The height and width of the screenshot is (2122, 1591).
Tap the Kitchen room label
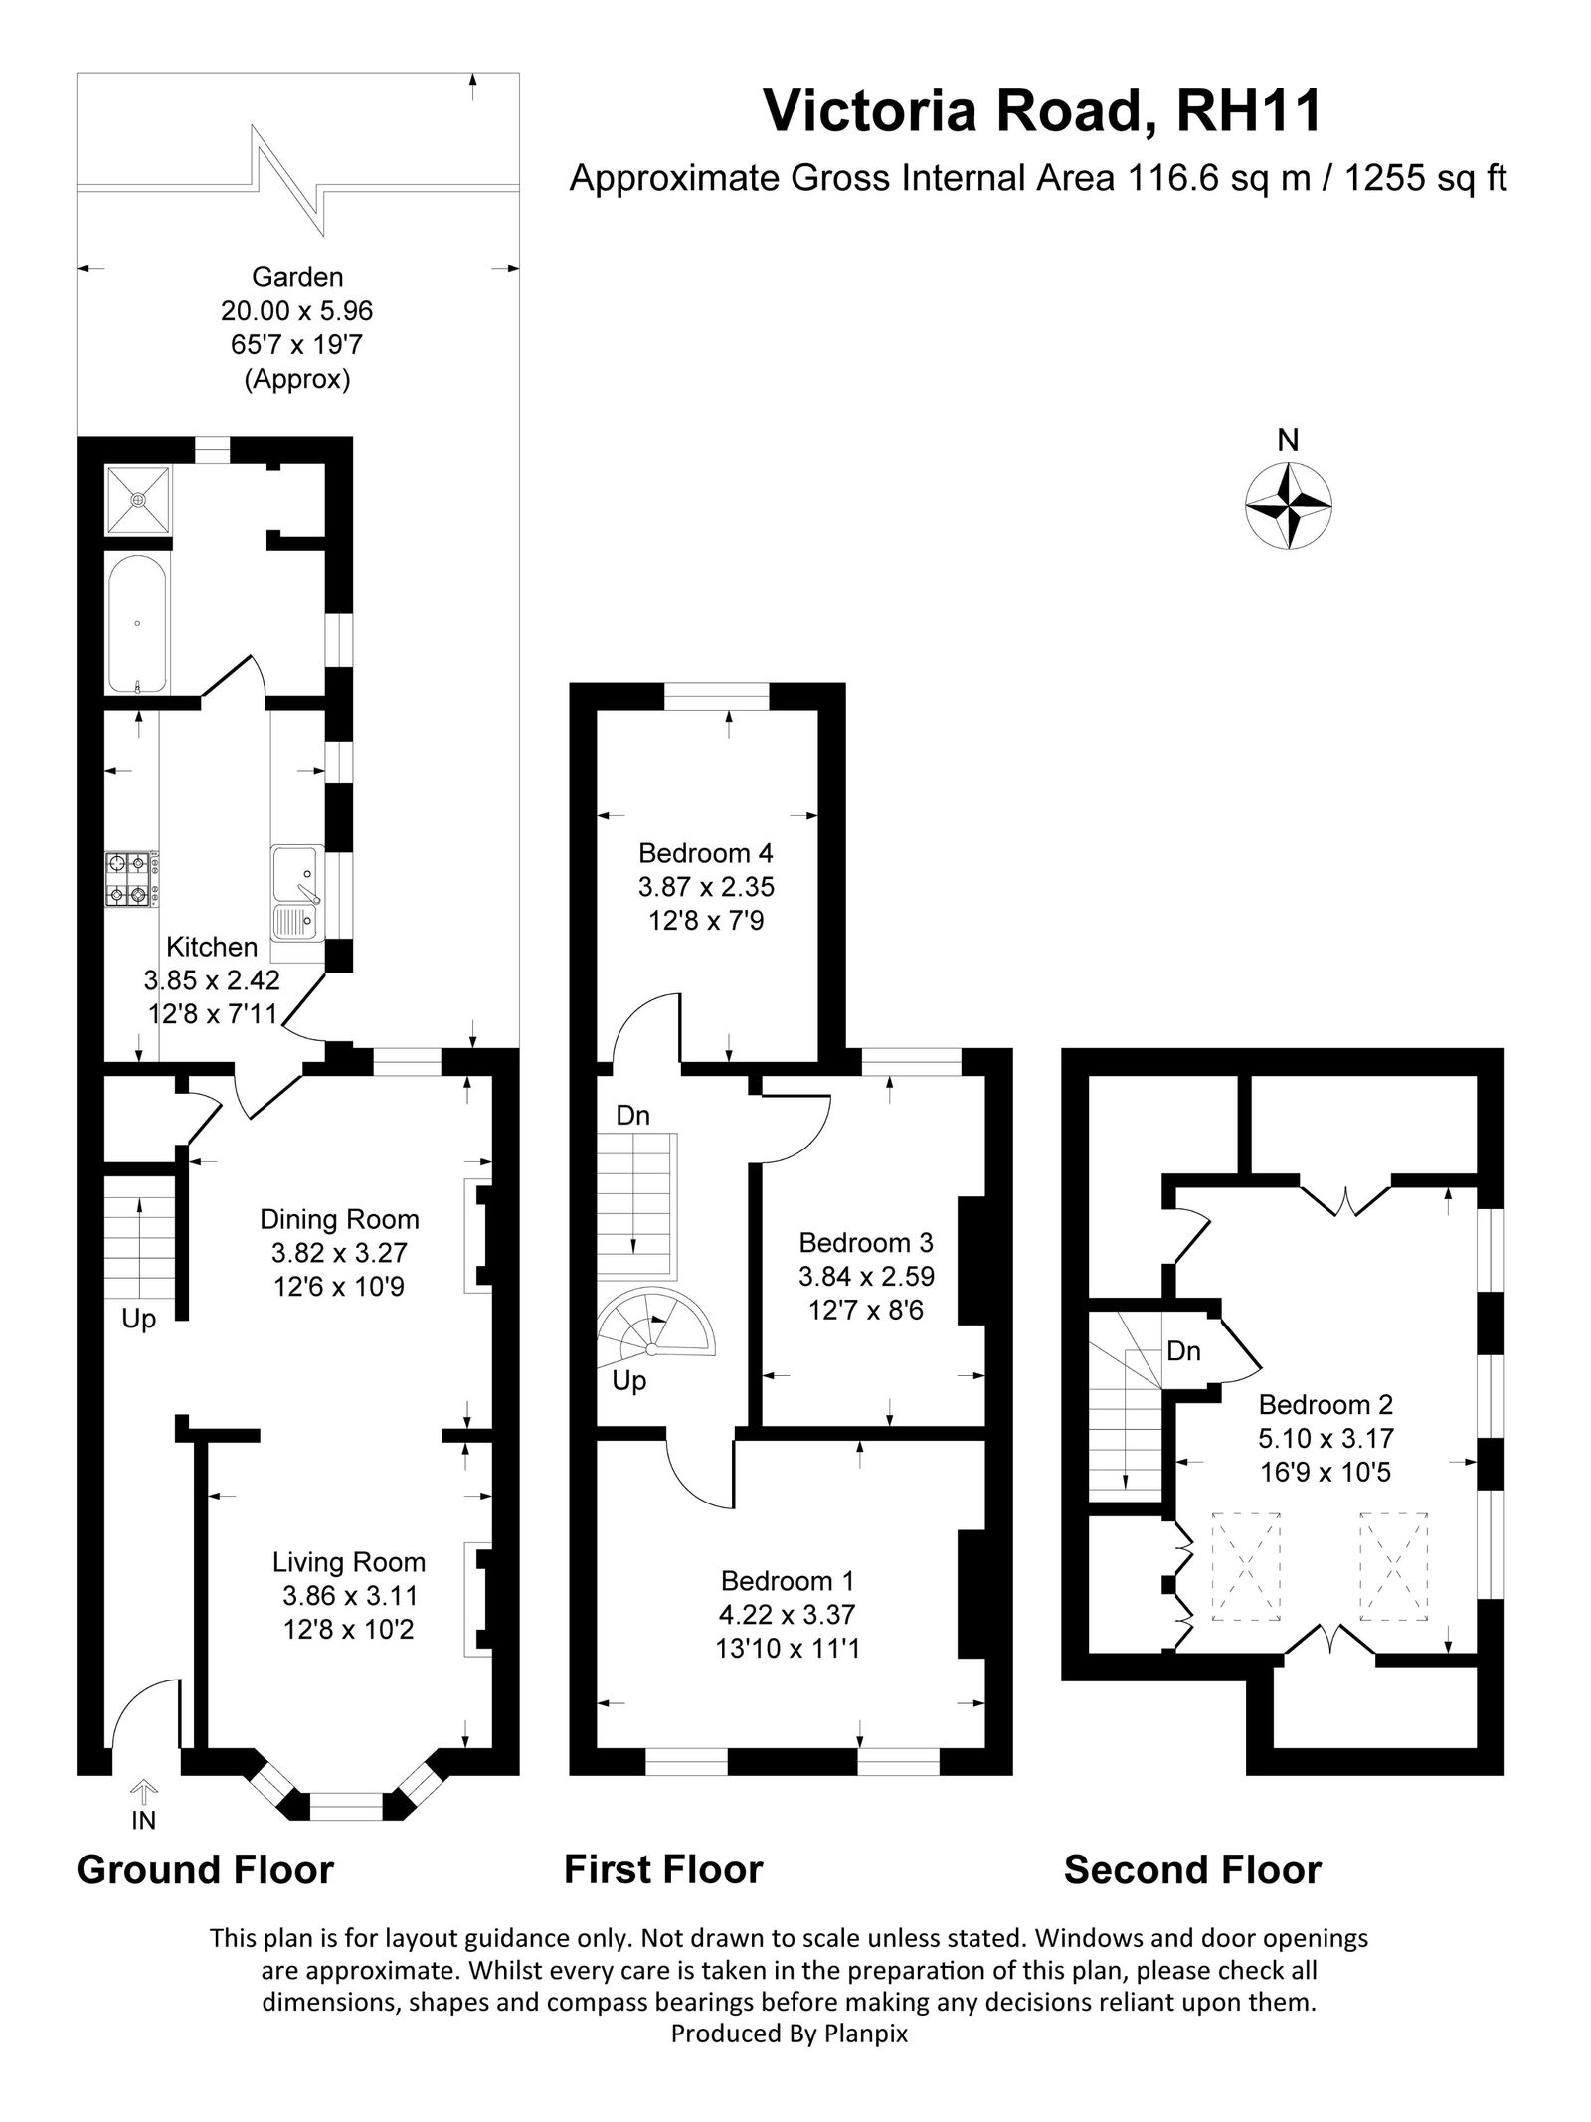pos(212,947)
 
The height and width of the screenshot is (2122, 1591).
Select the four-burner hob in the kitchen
pos(131,879)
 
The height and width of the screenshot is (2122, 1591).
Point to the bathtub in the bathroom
pos(137,624)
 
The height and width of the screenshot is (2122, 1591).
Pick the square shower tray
pos(138,499)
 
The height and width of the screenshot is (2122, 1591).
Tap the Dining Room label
pos(339,1219)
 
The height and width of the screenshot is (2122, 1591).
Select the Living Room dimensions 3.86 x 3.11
pos(350,1596)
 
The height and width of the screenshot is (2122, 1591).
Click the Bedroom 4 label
pos(705,853)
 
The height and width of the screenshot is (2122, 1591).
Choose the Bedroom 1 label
pos(788,1581)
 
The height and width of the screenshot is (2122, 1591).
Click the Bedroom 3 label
pos(866,1243)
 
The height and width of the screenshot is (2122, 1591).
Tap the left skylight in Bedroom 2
pos(1245,1568)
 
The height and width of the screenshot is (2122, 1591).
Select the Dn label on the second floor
pos(1183,1352)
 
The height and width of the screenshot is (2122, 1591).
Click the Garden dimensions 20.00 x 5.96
pos(296,311)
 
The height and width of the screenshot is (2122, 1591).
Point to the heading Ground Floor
pos(205,1870)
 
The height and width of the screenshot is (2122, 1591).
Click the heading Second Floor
pos(1192,1870)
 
